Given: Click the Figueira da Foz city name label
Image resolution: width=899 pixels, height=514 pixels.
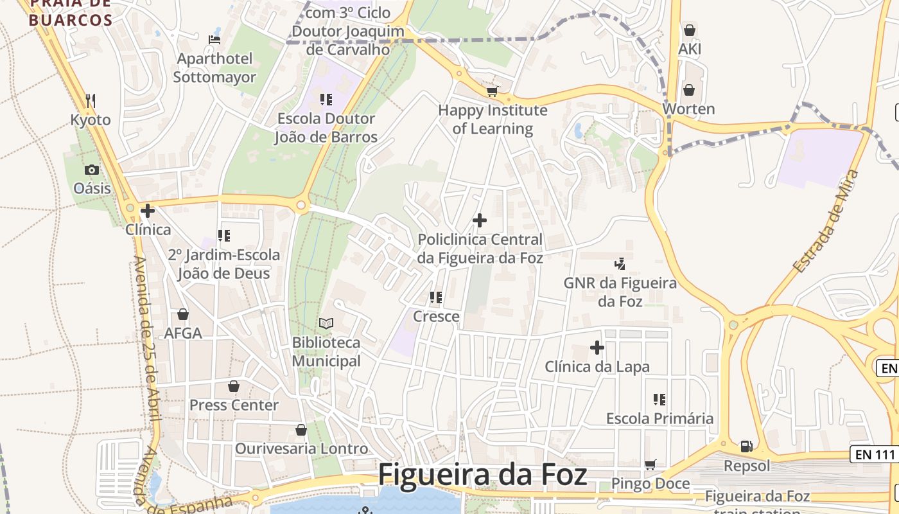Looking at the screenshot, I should pos(482,475).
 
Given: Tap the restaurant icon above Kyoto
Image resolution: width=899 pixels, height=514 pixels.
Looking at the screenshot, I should pos(91,100).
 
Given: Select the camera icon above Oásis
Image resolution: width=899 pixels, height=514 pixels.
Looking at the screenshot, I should pos(92,170).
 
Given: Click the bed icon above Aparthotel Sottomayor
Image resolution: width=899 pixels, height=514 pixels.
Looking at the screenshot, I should pos(214,40).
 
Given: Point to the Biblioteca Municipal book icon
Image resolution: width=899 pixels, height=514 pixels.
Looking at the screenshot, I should pos(326,323).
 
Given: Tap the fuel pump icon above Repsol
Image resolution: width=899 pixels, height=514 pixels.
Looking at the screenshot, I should pos(746,446).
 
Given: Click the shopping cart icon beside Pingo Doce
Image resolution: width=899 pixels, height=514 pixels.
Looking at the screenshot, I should pos(650,465).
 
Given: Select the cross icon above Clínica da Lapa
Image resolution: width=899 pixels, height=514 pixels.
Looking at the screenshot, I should pos(597,348).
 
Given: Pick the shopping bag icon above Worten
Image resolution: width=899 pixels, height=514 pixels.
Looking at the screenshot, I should pos(689,89).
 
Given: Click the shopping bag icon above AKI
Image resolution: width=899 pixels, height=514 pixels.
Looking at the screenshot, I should pos(690,30).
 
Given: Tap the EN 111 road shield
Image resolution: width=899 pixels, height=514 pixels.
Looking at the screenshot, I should pos(874,454).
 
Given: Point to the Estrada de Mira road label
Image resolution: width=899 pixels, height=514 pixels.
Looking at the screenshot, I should pos(826,221).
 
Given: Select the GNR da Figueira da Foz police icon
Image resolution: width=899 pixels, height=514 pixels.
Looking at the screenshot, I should pos(620,263).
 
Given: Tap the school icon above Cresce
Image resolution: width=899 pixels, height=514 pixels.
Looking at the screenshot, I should pos(436,297).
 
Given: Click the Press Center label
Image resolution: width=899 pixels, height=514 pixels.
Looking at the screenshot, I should pos(234,405).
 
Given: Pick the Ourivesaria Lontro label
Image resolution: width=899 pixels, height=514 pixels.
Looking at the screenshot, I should pos(302,448).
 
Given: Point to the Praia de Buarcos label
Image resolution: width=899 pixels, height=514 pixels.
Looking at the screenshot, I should pos(71,13).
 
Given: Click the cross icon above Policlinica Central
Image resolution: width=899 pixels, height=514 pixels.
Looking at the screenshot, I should pos(479,221).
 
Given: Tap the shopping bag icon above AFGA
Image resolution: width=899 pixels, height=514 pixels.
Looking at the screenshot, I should pos(183,314).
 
